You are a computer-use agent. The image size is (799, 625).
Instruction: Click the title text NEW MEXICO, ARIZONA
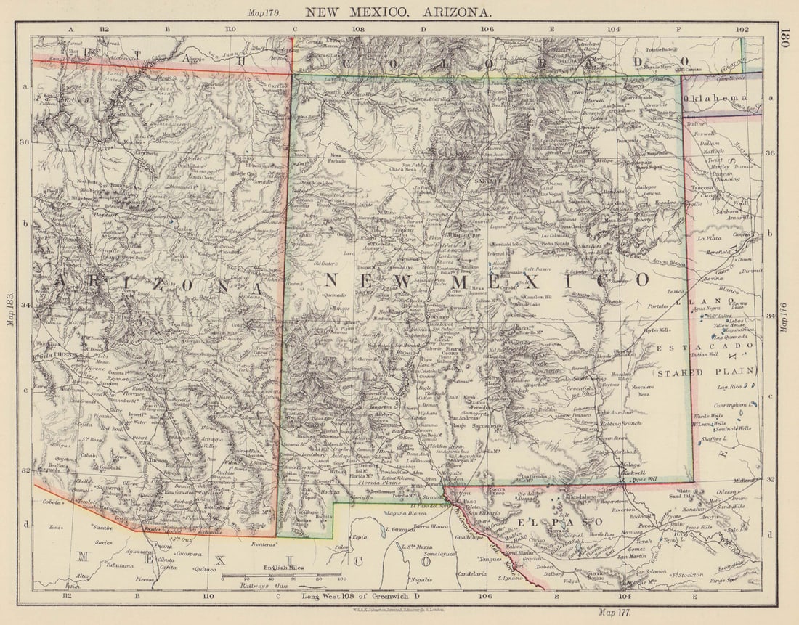click(x=398, y=12)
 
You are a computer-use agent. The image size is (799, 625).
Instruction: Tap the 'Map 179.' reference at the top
click(x=264, y=12)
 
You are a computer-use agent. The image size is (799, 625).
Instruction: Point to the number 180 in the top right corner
click(x=784, y=38)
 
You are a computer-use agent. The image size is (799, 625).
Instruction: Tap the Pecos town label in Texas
click(x=646, y=523)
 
